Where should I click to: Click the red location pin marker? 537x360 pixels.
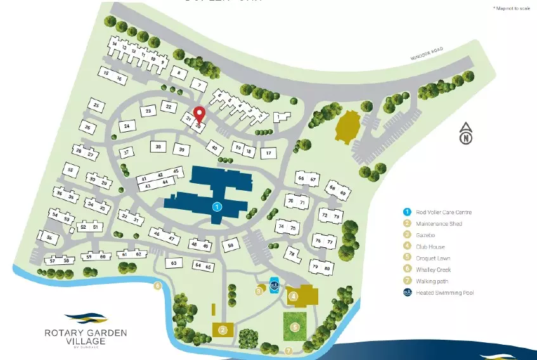(199, 115)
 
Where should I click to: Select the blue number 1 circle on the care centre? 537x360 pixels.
(217, 207)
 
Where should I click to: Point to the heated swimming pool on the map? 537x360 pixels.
(275, 285)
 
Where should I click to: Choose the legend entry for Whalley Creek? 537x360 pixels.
(434, 269)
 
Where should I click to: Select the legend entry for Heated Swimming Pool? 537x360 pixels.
(444, 292)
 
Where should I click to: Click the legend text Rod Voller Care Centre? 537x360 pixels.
(444, 212)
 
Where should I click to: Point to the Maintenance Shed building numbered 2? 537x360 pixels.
(223, 329)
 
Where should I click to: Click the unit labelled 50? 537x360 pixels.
(231, 245)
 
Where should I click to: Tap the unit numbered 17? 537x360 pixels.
(269, 153)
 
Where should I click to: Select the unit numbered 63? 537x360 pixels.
(174, 262)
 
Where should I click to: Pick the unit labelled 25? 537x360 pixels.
(96, 105)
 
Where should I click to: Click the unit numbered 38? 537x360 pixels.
(158, 146)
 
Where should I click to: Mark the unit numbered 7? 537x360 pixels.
(199, 85)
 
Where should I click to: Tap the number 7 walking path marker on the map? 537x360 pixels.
(288, 350)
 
